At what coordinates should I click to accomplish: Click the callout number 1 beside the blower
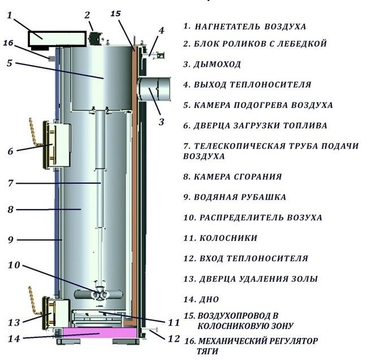point(9,16)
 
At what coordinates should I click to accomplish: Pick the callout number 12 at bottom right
point(174,339)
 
